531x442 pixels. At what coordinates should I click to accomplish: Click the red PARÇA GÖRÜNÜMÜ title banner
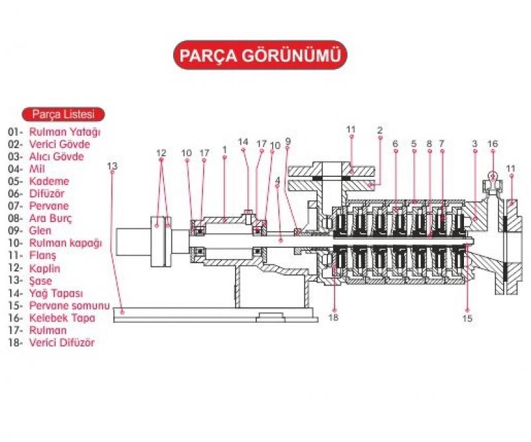coord(261,56)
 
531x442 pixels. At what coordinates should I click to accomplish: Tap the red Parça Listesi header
coord(63,113)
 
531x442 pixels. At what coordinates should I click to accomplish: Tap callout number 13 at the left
coord(112,165)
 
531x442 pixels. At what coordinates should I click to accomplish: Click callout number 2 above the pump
coord(380,130)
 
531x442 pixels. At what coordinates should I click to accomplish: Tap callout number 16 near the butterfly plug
coord(493,143)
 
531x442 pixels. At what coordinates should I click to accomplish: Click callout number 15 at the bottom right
coord(467,318)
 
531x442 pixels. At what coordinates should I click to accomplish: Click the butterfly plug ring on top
coord(493,176)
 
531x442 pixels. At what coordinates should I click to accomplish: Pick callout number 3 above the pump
coord(475,143)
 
